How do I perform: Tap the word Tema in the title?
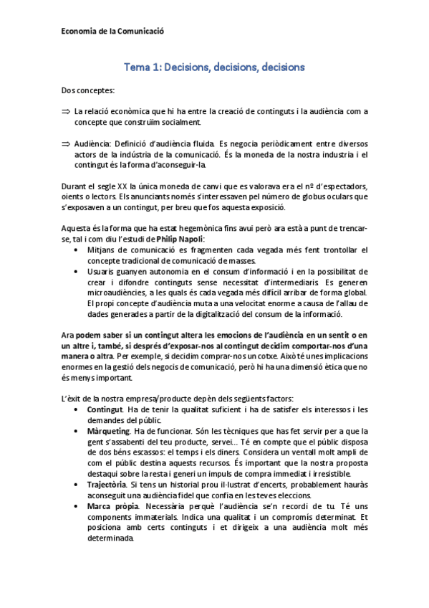pyautogui.click(x=138, y=67)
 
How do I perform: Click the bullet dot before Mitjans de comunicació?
pyautogui.click(x=77, y=250)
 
